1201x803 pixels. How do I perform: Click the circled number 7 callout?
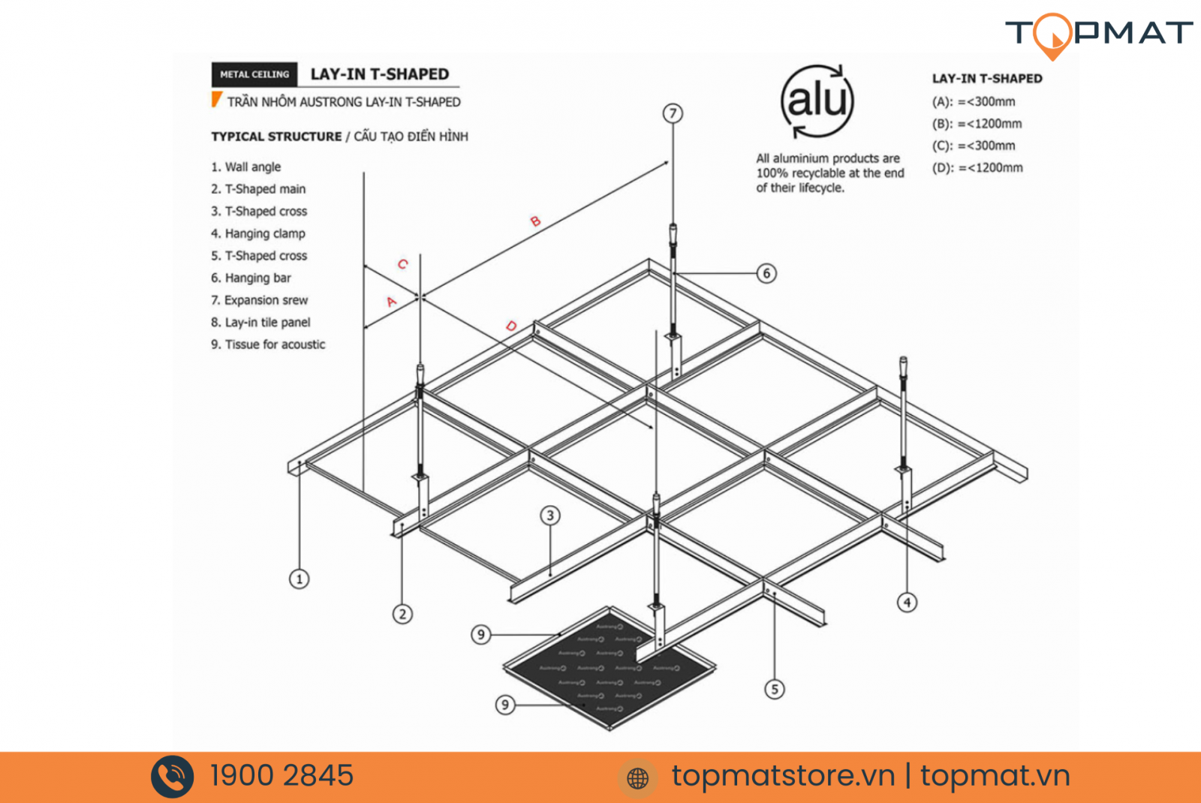[x=673, y=113]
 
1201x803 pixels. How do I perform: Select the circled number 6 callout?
[x=766, y=273]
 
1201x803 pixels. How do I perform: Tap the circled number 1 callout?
[x=299, y=579]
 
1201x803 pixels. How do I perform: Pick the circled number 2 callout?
[x=402, y=614]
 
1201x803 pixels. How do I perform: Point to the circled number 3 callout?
[x=550, y=516]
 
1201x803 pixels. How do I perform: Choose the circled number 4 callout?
[x=907, y=602]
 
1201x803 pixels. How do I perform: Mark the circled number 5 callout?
[x=775, y=689]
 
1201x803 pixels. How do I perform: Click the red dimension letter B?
[x=535, y=221]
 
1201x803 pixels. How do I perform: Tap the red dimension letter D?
[x=511, y=326]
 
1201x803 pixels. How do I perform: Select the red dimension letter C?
[x=403, y=264]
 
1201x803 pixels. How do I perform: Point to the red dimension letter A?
[x=391, y=302]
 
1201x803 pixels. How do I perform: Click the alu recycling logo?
[x=817, y=101]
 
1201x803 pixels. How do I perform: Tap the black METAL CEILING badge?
[x=254, y=74]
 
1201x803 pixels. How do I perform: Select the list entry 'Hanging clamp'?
[x=257, y=233]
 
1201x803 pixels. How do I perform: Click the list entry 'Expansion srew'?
[x=259, y=300]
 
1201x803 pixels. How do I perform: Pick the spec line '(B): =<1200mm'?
[x=977, y=124]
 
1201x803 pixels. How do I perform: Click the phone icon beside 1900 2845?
[x=173, y=777]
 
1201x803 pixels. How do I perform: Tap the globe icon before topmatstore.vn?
[x=637, y=778]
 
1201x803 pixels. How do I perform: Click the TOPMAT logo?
[x=1098, y=34]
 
